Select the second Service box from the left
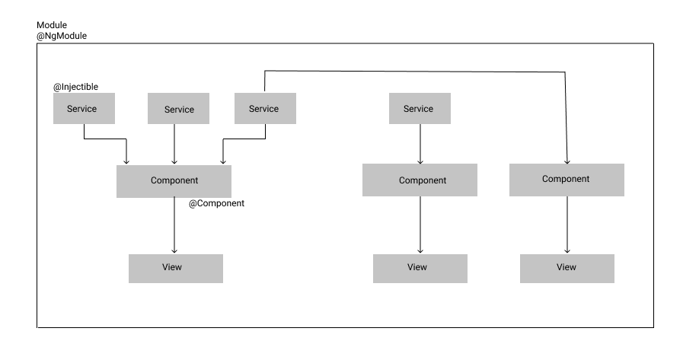point(178,110)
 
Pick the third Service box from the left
point(264,109)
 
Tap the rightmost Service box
point(419,109)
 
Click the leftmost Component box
point(174,181)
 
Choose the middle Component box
point(420,181)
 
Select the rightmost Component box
point(567,180)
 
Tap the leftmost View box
point(175,268)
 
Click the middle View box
point(419,268)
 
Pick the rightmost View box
point(567,268)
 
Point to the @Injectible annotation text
point(75,87)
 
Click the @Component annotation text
point(216,204)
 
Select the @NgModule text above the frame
point(62,36)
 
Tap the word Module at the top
point(52,25)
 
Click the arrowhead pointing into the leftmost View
point(175,250)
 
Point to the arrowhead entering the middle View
point(420,250)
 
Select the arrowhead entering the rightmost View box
point(567,250)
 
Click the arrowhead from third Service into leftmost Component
point(222,161)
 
